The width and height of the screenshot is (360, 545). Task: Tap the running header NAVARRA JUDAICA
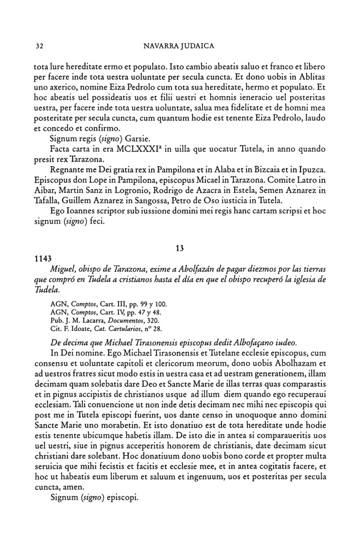click(x=179, y=45)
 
